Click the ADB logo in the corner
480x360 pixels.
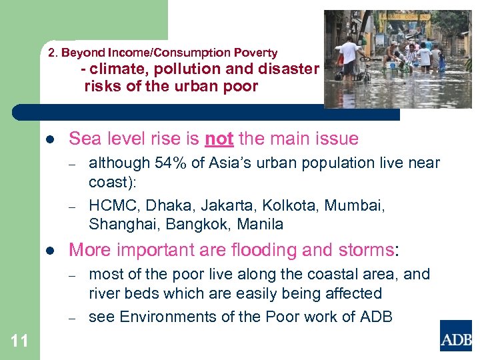[x=455, y=335]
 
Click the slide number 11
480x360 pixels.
[x=20, y=341]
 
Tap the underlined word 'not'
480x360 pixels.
[x=219, y=139]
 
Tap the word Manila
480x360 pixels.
[x=260, y=225]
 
